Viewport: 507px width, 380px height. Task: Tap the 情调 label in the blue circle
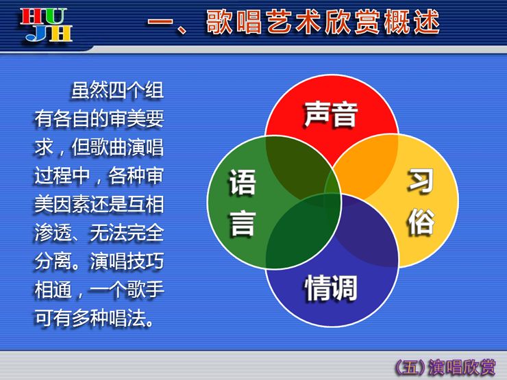[331, 288]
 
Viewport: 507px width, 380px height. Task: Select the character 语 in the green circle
[243, 182]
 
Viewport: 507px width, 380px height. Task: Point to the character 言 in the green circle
[243, 224]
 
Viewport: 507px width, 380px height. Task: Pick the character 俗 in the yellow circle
[421, 221]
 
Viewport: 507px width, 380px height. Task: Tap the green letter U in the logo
[55, 17]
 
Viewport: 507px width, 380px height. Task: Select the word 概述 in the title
[411, 22]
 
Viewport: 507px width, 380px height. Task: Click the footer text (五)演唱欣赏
[445, 368]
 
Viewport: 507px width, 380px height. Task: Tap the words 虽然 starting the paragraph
[90, 90]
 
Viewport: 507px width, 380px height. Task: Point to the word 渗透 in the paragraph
[53, 233]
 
